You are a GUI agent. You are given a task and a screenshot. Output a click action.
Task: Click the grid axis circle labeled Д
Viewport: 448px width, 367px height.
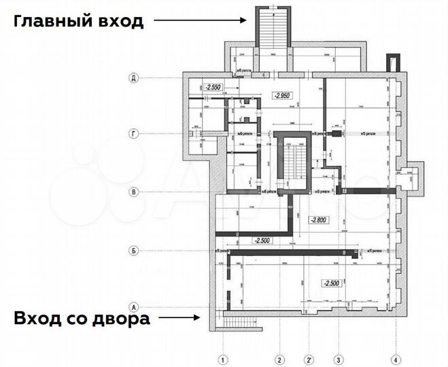134,79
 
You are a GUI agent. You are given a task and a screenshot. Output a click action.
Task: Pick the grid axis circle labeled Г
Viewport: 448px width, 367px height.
134,135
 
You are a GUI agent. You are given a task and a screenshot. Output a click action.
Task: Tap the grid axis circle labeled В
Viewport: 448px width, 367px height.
134,192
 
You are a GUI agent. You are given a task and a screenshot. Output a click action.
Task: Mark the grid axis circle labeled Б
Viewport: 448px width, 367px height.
134,251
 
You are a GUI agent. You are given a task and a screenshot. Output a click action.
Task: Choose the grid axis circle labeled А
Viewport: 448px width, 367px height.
134,307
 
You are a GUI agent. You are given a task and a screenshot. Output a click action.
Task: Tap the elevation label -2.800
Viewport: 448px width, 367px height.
319,220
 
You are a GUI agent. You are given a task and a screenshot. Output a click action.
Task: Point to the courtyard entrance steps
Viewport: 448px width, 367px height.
239,323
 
